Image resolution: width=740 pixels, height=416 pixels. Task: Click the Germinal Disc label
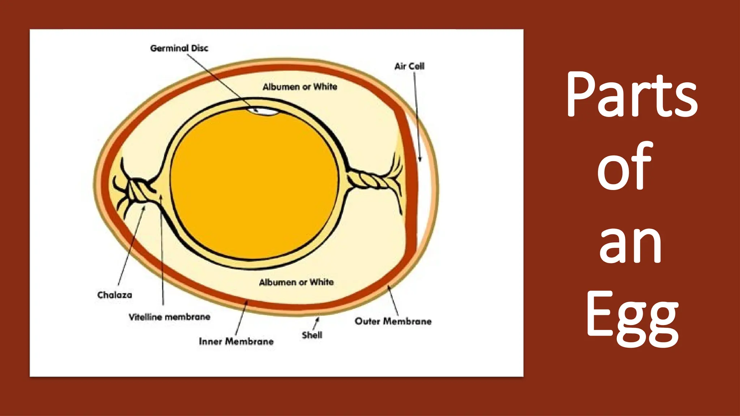coord(179,48)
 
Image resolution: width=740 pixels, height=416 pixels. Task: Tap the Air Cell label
coord(409,66)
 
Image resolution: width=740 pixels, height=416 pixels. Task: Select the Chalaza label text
coord(115,295)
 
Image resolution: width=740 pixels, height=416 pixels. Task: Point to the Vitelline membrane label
coord(169,317)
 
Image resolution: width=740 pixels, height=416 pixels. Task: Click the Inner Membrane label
coord(236,342)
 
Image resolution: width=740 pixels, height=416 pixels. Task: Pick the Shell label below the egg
coord(312,335)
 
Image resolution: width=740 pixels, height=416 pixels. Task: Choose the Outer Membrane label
coord(393,321)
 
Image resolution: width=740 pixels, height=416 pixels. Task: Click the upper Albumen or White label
coord(300,87)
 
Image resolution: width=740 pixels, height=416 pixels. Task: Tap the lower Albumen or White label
coord(296,282)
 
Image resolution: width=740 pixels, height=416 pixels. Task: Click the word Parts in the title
coord(632,95)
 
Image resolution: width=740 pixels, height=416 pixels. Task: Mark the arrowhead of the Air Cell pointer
coord(420,159)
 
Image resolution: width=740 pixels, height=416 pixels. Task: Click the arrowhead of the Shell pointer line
coord(318,319)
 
